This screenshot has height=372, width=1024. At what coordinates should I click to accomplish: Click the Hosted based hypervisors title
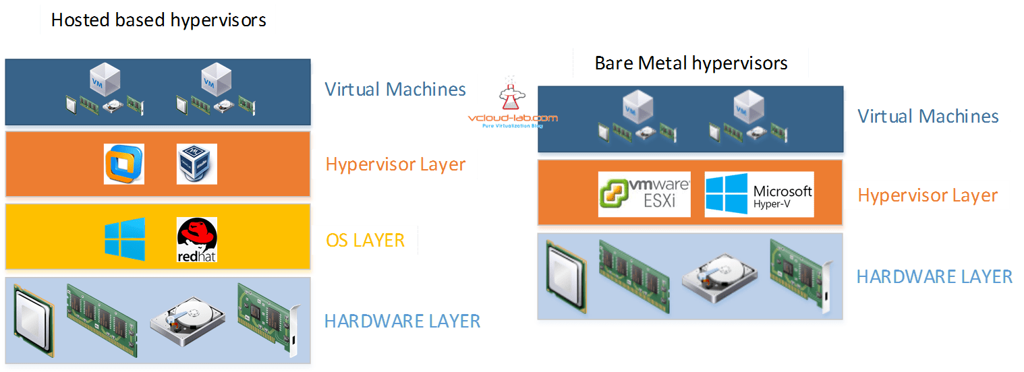[x=159, y=20]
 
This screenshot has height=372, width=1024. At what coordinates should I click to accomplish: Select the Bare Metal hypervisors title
[x=691, y=63]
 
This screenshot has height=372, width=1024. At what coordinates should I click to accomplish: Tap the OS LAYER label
[x=365, y=241]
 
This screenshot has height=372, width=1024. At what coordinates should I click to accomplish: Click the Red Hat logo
[x=196, y=240]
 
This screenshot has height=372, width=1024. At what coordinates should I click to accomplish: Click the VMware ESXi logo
[x=644, y=194]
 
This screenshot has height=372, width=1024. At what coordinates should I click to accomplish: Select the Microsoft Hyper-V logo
[x=759, y=194]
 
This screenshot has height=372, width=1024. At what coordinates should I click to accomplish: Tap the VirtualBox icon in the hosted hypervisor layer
[x=196, y=164]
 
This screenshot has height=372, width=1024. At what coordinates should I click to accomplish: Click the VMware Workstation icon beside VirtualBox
[x=125, y=164]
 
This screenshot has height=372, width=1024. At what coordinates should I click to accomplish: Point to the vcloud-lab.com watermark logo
[x=513, y=108]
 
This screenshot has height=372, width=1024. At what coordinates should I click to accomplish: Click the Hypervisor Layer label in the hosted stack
[x=395, y=164]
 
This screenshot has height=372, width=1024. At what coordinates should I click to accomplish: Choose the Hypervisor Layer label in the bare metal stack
[x=928, y=195]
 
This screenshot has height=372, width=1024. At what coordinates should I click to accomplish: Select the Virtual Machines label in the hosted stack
[x=395, y=89]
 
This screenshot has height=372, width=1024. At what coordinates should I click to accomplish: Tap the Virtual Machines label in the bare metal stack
[x=928, y=116]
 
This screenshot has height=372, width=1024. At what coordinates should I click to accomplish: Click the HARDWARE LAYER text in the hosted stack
[x=402, y=321]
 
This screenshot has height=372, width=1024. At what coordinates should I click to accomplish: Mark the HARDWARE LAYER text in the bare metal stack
[x=934, y=276]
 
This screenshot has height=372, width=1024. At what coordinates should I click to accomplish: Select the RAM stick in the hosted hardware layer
[x=101, y=311]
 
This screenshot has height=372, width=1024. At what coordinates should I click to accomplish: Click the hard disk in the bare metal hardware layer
[x=713, y=276]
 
